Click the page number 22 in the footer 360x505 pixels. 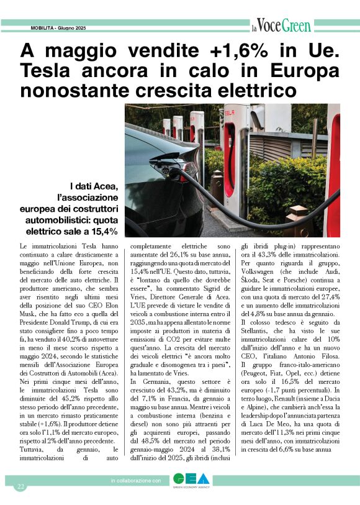pyautogui.click(x=20, y=486)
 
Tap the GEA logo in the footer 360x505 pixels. pyautogui.click(x=191, y=481)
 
